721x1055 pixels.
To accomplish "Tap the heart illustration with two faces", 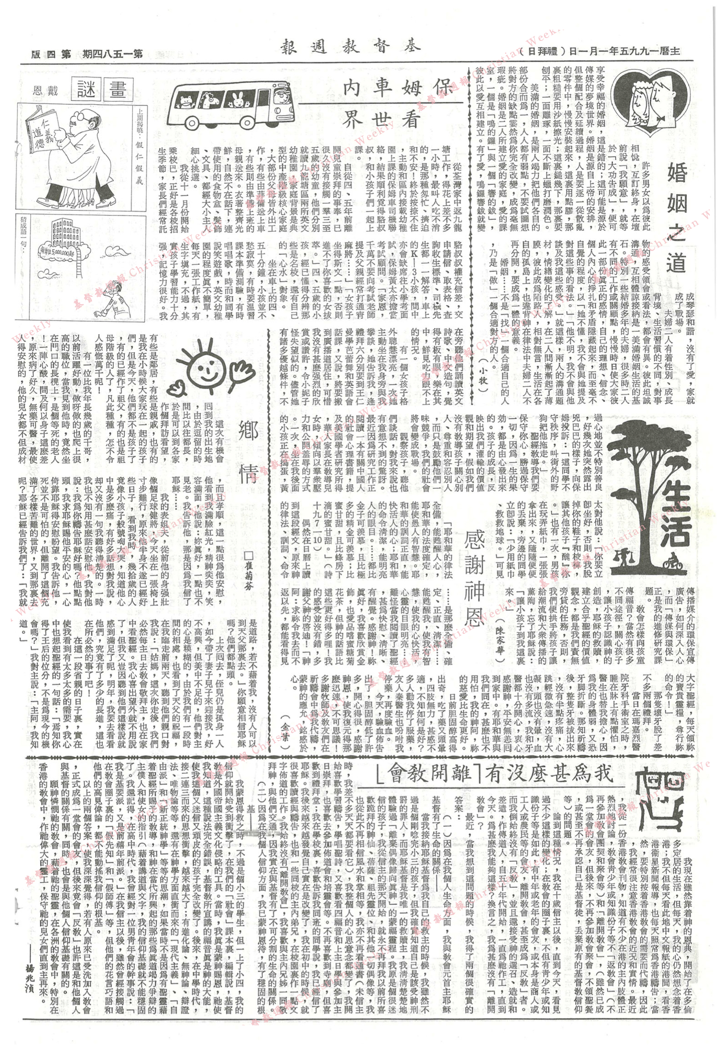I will tap(651, 101).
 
